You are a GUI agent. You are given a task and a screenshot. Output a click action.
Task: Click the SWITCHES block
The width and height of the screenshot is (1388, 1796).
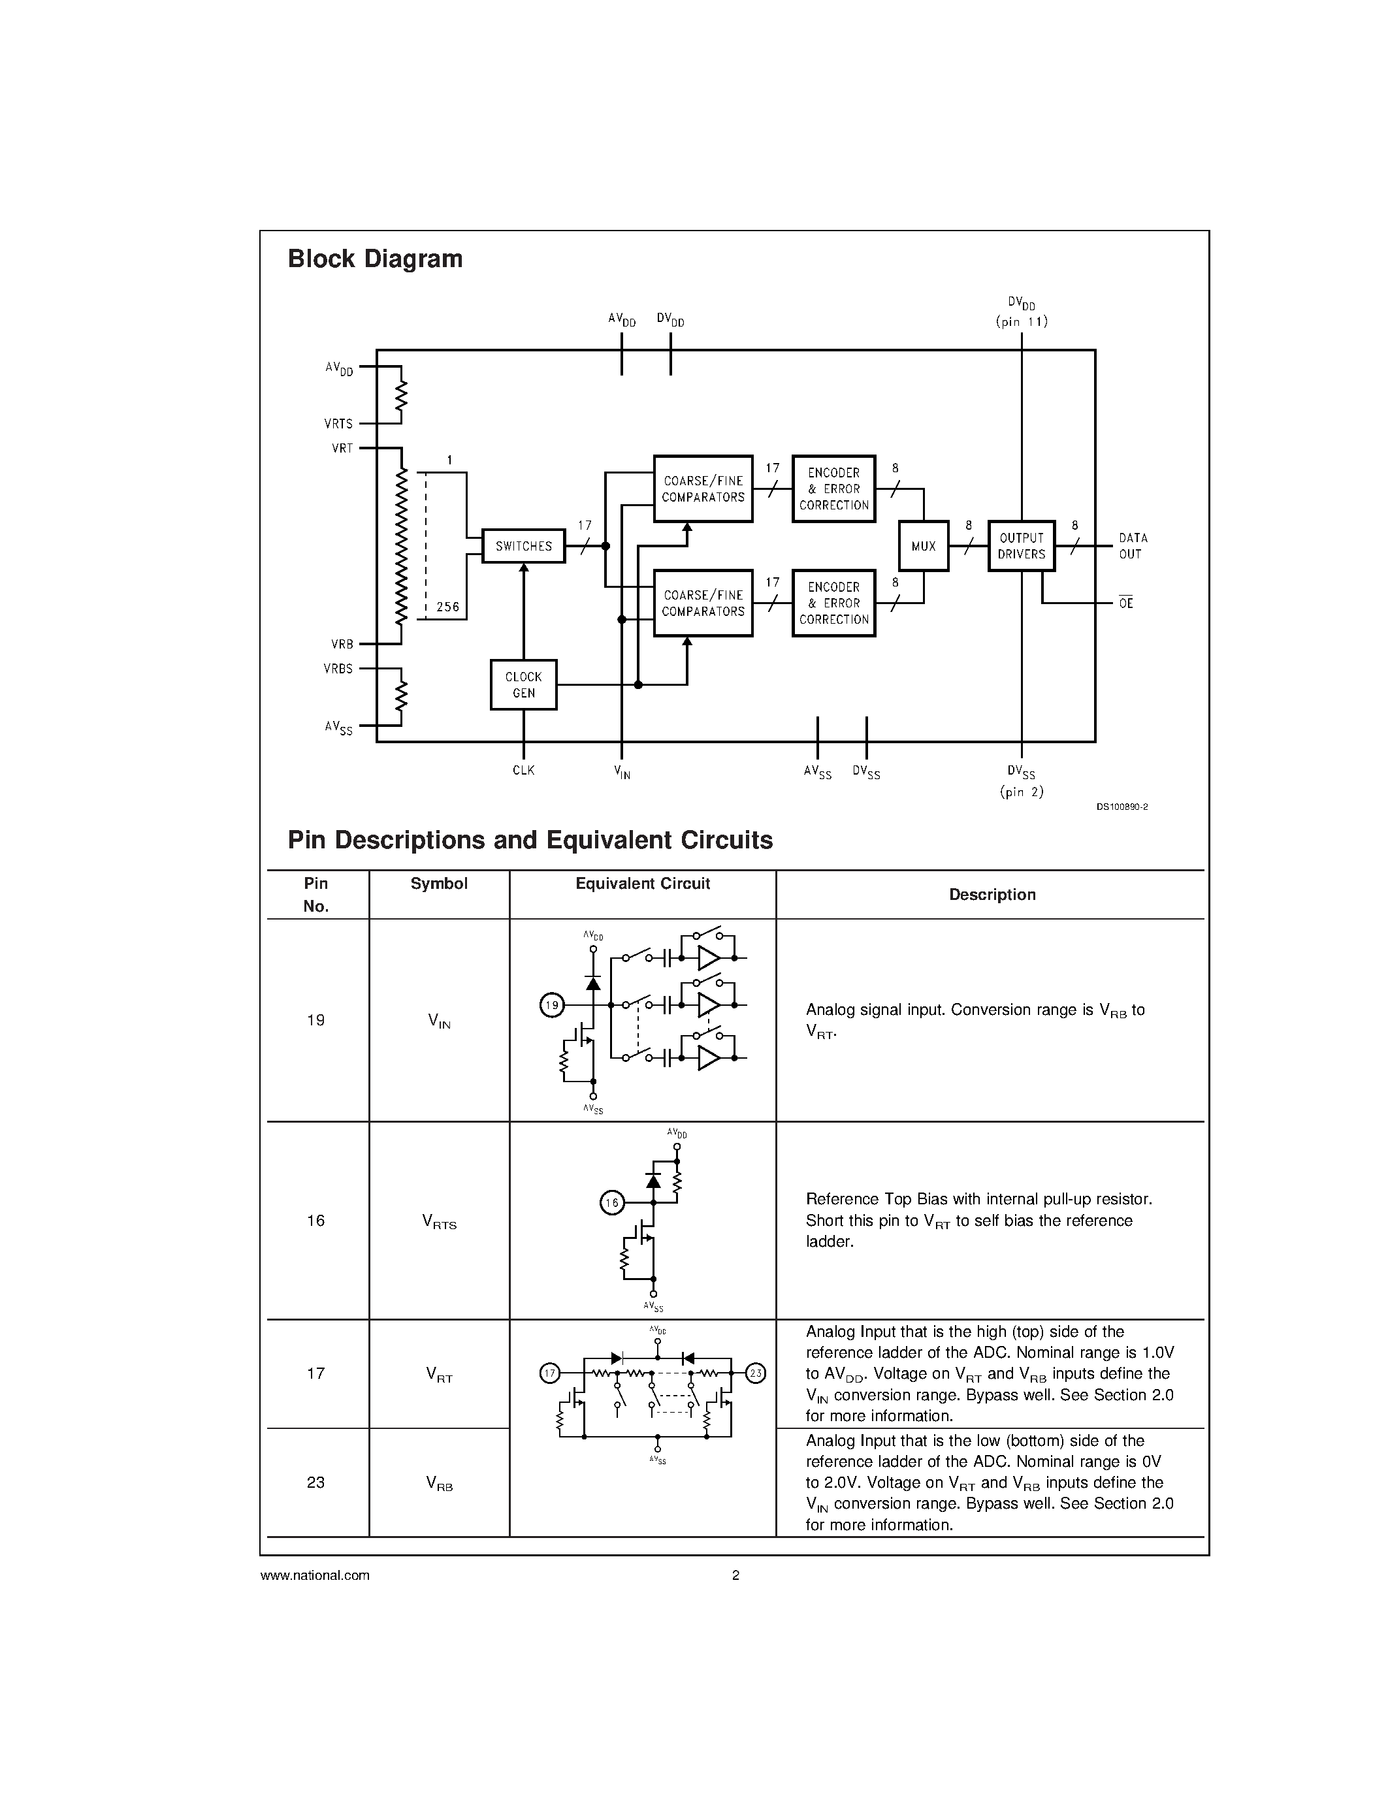(x=523, y=546)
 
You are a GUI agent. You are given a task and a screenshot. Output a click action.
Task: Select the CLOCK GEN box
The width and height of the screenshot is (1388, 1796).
(x=523, y=684)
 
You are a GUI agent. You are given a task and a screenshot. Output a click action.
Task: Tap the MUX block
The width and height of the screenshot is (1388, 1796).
(x=924, y=546)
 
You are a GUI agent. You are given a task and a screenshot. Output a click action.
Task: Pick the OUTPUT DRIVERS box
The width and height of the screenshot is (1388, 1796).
(x=1022, y=546)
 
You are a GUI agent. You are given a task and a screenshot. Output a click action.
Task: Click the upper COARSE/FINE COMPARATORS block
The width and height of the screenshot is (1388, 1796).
(x=703, y=489)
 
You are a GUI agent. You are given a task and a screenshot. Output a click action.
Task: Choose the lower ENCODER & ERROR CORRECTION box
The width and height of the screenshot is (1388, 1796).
(x=834, y=603)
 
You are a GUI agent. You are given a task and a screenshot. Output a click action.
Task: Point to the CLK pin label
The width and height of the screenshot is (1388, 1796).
(x=523, y=771)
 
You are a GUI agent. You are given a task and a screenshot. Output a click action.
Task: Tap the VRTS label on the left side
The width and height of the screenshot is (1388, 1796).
(x=338, y=423)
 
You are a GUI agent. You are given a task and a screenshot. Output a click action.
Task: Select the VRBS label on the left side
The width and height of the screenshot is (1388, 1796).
(x=338, y=669)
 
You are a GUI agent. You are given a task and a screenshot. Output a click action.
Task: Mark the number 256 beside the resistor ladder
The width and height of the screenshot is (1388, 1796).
(x=448, y=607)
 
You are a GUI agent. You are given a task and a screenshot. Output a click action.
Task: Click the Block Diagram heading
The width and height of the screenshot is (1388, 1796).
(x=375, y=259)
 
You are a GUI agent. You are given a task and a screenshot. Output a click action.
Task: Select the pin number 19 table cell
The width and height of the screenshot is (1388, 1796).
(x=315, y=1019)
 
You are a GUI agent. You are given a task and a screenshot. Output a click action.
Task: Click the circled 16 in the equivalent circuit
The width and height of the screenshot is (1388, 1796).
(x=612, y=1204)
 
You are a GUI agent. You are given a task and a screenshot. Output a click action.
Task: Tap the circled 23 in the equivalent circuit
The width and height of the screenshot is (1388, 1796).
(x=756, y=1373)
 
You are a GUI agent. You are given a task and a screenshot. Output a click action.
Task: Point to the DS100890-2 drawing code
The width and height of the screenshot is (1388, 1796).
(x=1122, y=807)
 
